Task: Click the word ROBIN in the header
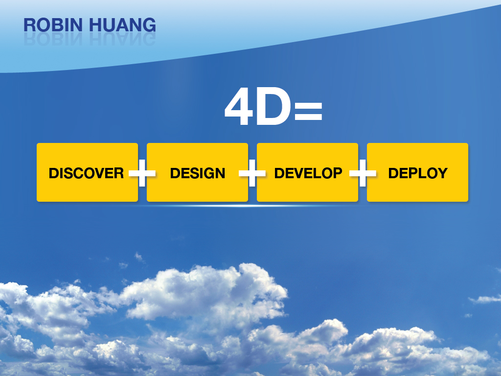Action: tap(53, 25)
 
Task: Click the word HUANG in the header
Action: tap(122, 25)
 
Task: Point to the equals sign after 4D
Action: tap(308, 111)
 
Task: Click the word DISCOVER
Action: tap(86, 173)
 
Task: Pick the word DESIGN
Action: tap(198, 173)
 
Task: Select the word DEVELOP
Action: tap(308, 173)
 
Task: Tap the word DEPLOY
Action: tap(418, 173)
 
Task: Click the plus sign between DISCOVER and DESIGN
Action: tap(142, 173)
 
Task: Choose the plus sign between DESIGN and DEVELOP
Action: tap(252, 173)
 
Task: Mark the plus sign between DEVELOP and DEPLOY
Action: tap(363, 173)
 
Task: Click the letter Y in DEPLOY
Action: tap(442, 173)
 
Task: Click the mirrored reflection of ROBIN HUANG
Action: tap(90, 39)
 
